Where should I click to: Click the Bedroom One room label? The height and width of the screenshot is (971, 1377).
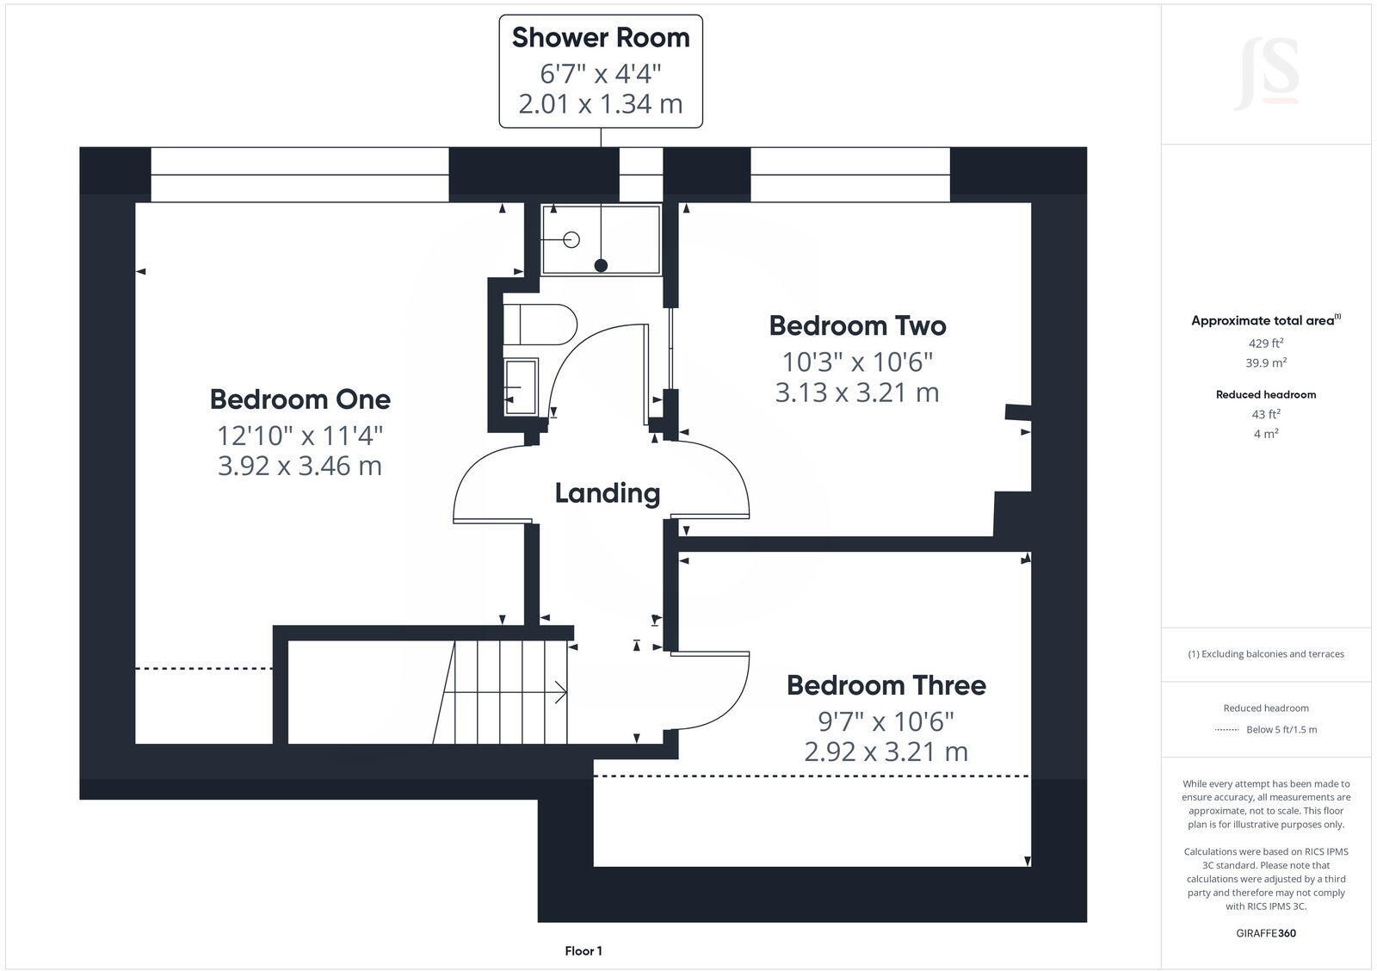(x=299, y=399)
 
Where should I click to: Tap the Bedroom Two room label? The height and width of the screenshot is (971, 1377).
(x=857, y=325)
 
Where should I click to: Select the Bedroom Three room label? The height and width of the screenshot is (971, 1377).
(x=886, y=685)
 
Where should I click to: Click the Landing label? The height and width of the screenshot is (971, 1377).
(x=607, y=493)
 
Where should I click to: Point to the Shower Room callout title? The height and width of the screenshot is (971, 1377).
(x=601, y=38)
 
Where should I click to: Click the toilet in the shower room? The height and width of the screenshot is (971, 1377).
(x=547, y=325)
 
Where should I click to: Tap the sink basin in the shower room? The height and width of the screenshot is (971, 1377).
(x=521, y=387)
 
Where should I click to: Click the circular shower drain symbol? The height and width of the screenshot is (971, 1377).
(x=571, y=239)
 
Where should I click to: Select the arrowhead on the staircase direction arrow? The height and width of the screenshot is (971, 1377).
(x=560, y=692)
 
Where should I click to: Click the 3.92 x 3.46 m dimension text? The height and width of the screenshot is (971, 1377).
(x=299, y=466)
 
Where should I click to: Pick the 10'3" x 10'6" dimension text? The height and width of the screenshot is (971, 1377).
(x=857, y=361)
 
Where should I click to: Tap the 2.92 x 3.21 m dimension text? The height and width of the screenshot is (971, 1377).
(x=886, y=751)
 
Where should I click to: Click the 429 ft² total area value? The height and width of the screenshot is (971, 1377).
(x=1266, y=343)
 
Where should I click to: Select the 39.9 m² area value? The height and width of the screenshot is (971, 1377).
(x=1266, y=363)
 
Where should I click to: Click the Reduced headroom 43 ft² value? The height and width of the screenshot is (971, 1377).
(x=1266, y=414)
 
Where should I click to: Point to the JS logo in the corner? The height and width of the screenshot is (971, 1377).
(x=1266, y=74)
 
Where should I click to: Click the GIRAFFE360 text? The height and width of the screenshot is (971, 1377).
(x=1266, y=933)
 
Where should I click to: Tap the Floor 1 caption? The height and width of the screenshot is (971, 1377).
(x=584, y=951)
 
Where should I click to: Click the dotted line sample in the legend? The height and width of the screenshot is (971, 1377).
(x=1226, y=730)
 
